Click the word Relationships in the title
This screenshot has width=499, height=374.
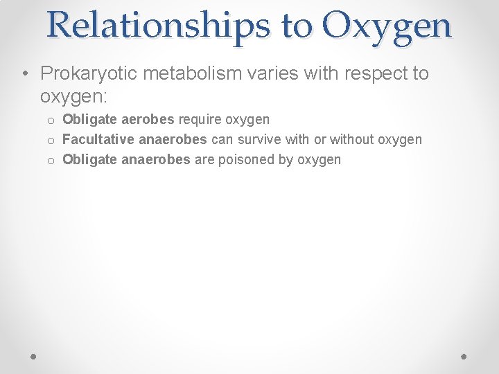[x=159, y=26]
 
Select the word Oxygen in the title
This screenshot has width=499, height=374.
[x=387, y=26]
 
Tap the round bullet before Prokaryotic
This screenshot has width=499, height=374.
[x=26, y=74]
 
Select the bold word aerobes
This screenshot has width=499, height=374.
[x=150, y=120]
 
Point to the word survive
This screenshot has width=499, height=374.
[x=259, y=140]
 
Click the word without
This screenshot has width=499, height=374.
[x=351, y=140]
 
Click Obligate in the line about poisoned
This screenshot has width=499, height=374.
[x=89, y=160]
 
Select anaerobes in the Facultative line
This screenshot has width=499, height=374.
[x=173, y=140]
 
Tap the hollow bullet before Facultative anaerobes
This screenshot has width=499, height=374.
[x=51, y=141]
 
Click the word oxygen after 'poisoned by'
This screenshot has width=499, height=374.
[x=319, y=160]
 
